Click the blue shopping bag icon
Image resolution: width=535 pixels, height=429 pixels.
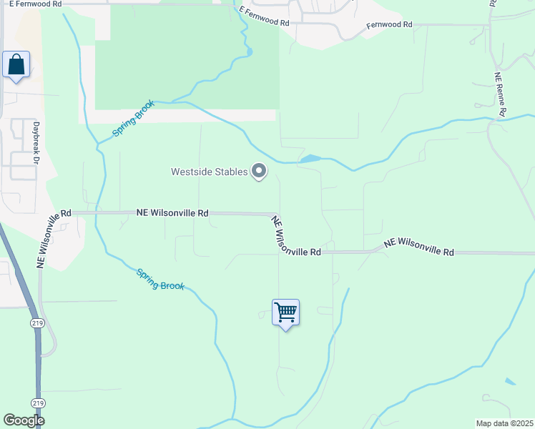coord(16,65)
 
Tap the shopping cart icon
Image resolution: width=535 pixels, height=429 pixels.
coord(285,312)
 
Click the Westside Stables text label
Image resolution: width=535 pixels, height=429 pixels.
coord(209,172)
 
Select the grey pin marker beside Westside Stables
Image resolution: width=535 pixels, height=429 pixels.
coord(259,172)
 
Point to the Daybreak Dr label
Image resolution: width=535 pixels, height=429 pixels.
coord(34,142)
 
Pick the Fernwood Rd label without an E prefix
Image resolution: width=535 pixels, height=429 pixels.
coord(390,24)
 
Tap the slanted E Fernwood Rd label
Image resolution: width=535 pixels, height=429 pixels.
coord(265,17)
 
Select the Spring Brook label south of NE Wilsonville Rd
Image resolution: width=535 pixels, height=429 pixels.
coord(160,279)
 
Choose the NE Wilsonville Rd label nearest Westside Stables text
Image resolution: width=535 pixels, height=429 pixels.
coord(172,213)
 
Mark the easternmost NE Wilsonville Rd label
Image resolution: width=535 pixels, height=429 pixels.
coord(419,247)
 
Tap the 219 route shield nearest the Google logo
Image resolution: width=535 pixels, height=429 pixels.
coord(38,403)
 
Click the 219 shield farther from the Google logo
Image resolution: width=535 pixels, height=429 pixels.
coord(37,323)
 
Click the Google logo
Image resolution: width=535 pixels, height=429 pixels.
coord(24,420)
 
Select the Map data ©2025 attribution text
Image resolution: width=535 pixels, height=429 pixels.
coord(504,423)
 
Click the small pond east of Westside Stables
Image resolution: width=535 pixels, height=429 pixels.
coord(310,159)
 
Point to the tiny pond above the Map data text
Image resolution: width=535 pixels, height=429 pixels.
coord(509,382)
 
